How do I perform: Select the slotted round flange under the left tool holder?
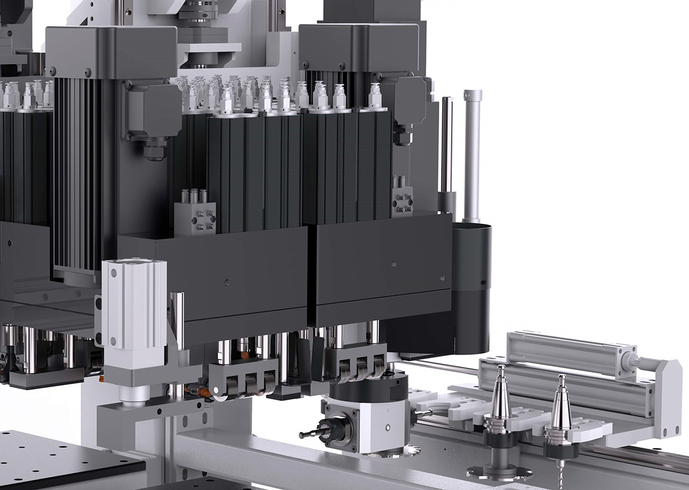coord(494,472)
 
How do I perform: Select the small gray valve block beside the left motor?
coord(195,218)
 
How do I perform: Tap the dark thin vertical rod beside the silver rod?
coord(446,149)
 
